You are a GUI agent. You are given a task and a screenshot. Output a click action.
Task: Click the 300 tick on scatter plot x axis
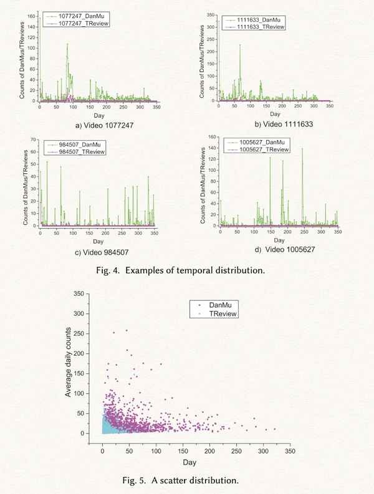(263, 448)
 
